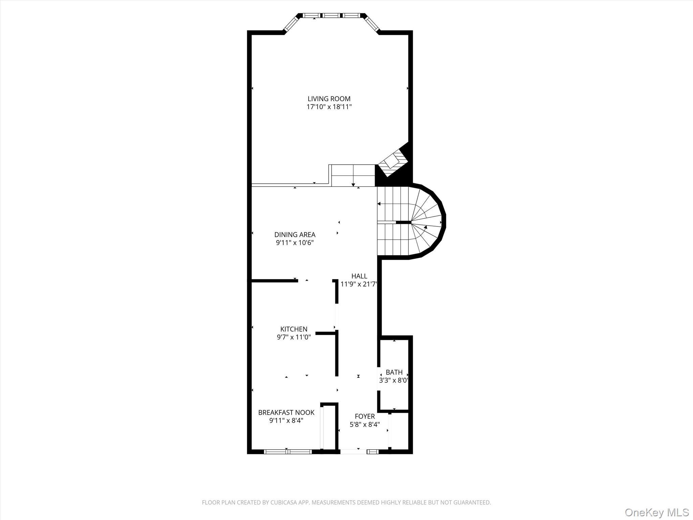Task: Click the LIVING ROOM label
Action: point(329,99)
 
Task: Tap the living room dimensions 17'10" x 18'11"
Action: point(329,107)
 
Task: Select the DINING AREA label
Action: point(295,235)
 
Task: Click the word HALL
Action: point(359,276)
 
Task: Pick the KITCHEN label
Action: point(294,329)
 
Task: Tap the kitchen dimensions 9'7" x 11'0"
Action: point(294,337)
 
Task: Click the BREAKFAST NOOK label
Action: point(286,412)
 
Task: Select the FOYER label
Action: point(364,416)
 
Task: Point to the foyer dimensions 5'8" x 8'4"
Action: point(364,425)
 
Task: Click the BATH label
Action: point(394,372)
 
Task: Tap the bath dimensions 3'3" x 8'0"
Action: point(394,381)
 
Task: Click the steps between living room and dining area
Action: point(353,175)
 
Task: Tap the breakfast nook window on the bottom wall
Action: point(288,451)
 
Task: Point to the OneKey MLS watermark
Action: point(656,512)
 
